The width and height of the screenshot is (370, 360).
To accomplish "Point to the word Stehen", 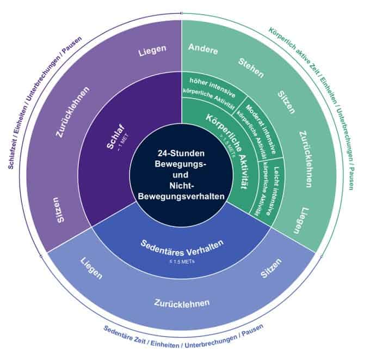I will coord(251,68).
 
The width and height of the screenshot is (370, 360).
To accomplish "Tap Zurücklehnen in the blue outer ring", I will coord(182,302).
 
